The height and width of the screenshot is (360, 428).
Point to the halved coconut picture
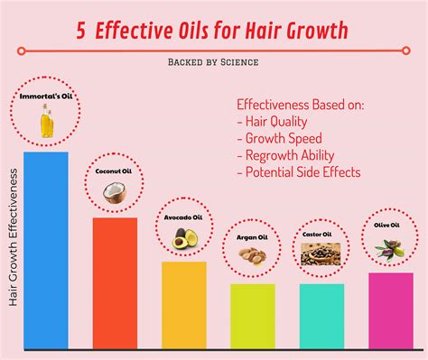[x=115, y=190]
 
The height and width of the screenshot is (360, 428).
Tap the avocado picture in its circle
[x=183, y=237]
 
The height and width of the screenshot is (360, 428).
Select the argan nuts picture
[x=252, y=255]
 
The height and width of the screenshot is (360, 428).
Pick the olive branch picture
[x=389, y=246]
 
